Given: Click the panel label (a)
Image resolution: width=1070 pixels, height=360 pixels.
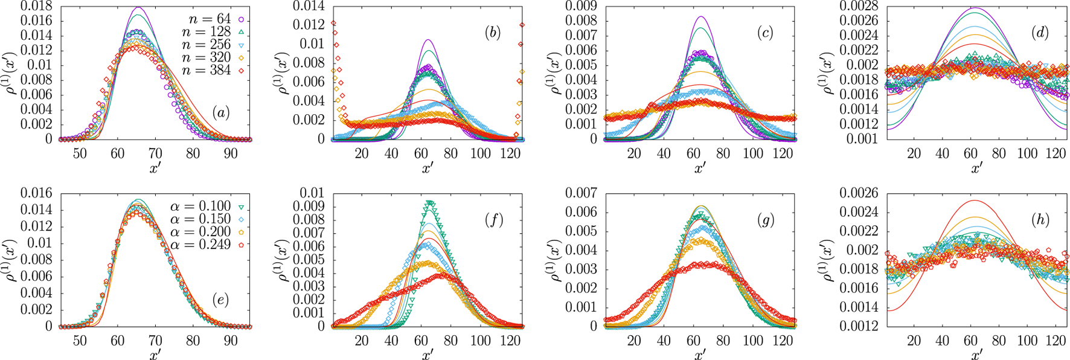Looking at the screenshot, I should tap(220, 112).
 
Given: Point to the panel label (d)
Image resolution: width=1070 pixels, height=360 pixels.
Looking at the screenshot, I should tap(1039, 33).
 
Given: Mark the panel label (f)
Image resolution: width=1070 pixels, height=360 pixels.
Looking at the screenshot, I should tap(493, 220).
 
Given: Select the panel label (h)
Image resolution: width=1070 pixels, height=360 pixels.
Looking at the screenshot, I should tap(1039, 220).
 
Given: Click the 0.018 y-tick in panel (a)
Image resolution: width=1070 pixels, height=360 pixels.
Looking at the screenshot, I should tap(36, 7).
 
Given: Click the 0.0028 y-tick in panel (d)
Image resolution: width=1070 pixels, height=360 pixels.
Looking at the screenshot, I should tap(852, 7).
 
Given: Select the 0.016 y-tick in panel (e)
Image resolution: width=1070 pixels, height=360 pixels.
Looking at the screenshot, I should tap(36, 194).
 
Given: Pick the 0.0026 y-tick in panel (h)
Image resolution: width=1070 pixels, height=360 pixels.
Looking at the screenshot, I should tap(852, 194).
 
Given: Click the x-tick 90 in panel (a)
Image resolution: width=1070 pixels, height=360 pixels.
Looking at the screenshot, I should tap(231, 154).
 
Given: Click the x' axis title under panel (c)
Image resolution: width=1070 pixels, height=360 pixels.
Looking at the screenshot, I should tap(699, 168).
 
